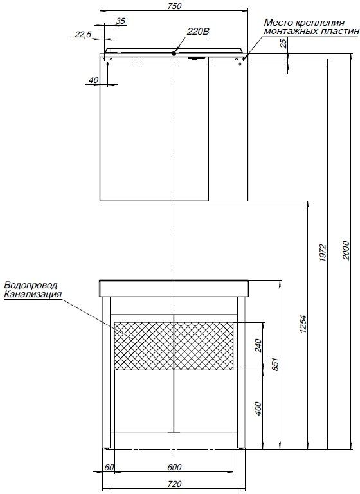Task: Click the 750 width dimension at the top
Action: (175, 6)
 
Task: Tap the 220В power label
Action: (198, 32)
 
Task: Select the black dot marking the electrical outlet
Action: (174, 53)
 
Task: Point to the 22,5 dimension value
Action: (83, 34)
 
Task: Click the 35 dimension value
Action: (121, 21)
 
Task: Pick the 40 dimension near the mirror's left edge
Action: (94, 80)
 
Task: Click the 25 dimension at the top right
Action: (283, 43)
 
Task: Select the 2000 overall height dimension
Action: (346, 250)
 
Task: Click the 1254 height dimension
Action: (303, 324)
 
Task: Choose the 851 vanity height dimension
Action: (275, 364)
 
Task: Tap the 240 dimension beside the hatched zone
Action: (258, 345)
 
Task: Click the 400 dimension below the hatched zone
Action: (258, 408)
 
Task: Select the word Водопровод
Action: (31, 286)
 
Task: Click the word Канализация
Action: (33, 294)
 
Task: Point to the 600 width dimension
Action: (174, 467)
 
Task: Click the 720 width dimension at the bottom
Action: (174, 484)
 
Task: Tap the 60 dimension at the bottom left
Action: (109, 467)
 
